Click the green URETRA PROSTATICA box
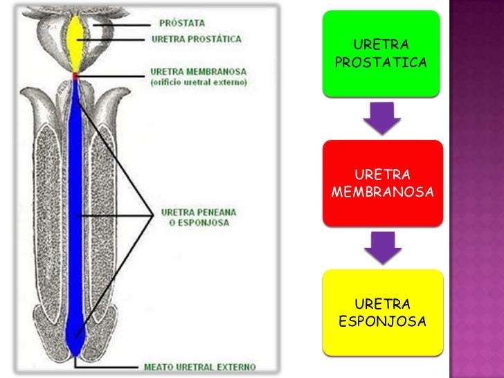[380, 53]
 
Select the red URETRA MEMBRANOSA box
[382, 183]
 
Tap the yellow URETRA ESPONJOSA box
[382, 313]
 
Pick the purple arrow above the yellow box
[382, 247]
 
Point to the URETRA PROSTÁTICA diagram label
[197, 39]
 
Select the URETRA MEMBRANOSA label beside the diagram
[197, 71]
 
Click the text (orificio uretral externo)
[198, 82]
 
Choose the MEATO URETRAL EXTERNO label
[199, 367]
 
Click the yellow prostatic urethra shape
[75, 42]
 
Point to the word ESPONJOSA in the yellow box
[382, 322]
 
